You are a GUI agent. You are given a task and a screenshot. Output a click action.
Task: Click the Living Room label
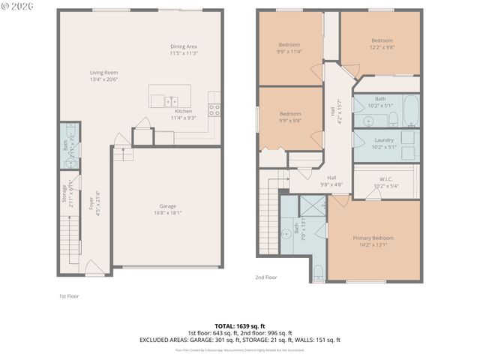[105, 72]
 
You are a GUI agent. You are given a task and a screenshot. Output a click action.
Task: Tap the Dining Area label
[183, 46]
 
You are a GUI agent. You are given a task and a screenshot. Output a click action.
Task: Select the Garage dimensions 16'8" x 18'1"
[167, 211]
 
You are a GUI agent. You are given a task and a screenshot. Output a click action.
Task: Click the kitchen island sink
[169, 99]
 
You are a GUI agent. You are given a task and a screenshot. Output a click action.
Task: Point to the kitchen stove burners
[214, 107]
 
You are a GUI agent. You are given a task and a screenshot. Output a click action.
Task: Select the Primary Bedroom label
[373, 238]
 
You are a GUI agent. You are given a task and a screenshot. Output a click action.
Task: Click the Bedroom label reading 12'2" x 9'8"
[381, 40]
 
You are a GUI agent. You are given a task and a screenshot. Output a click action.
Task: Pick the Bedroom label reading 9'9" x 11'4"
[289, 45]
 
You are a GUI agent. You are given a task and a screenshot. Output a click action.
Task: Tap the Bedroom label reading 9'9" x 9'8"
[289, 114]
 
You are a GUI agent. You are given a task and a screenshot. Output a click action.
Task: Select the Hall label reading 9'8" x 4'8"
[331, 178]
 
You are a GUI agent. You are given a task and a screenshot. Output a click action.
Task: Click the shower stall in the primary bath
[313, 205]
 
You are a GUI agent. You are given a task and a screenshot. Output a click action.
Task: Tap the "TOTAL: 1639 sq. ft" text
[239, 326]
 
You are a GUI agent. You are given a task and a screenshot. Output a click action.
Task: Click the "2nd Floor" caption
[265, 277]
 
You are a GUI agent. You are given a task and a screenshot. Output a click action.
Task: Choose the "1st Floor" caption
[69, 296]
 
